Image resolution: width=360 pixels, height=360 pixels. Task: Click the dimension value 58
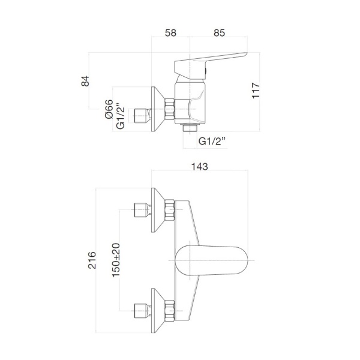(x=170, y=34)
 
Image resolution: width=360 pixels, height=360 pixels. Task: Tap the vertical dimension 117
(x=256, y=91)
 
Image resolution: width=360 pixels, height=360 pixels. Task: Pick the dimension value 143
(x=200, y=168)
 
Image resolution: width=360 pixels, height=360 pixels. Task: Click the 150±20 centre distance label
(x=116, y=259)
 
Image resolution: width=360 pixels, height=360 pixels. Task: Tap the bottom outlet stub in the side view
(x=189, y=128)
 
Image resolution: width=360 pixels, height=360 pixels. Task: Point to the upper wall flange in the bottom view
(x=158, y=210)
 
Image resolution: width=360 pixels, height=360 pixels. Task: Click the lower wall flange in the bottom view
(x=158, y=310)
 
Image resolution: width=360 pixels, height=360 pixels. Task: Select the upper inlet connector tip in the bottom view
(x=140, y=210)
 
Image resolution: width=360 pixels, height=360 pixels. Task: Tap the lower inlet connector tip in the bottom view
(x=140, y=310)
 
